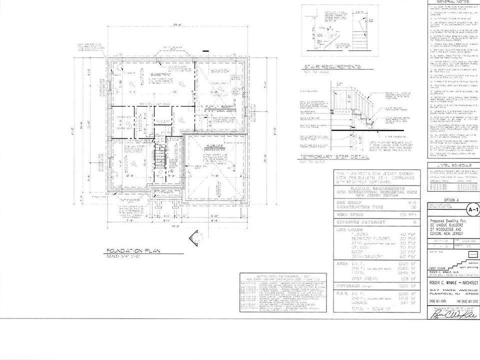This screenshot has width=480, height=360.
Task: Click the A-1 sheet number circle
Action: click(471, 210)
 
